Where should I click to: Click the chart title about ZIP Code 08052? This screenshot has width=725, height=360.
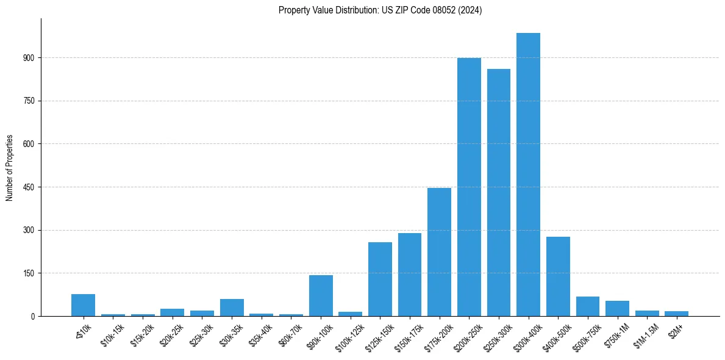380,10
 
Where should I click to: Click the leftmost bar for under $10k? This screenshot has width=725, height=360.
83,305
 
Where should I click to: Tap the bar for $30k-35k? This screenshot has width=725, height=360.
232,308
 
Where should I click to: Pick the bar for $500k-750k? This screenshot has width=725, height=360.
588,306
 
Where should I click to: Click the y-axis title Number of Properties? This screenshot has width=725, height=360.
10,167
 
